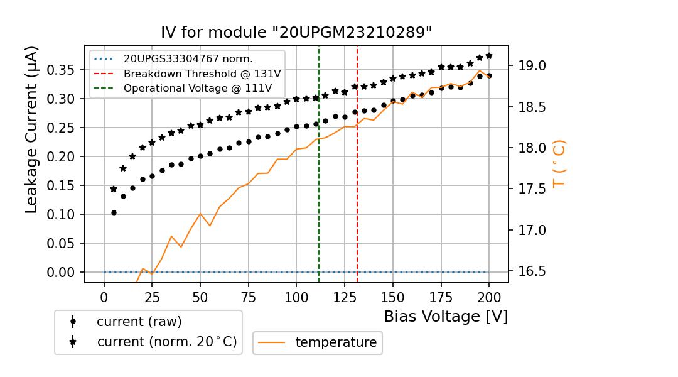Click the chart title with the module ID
click(x=296, y=33)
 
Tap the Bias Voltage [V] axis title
click(x=446, y=317)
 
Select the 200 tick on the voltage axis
click(x=489, y=297)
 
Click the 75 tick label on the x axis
click(x=249, y=297)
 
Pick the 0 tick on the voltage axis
click(x=104, y=297)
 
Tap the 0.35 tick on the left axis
click(x=66, y=70)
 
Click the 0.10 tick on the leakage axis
click(x=66, y=214)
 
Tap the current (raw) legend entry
click(x=139, y=322)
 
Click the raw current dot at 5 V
click(x=114, y=212)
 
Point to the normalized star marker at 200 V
click(x=489, y=55)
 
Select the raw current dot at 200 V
click(x=489, y=75)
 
